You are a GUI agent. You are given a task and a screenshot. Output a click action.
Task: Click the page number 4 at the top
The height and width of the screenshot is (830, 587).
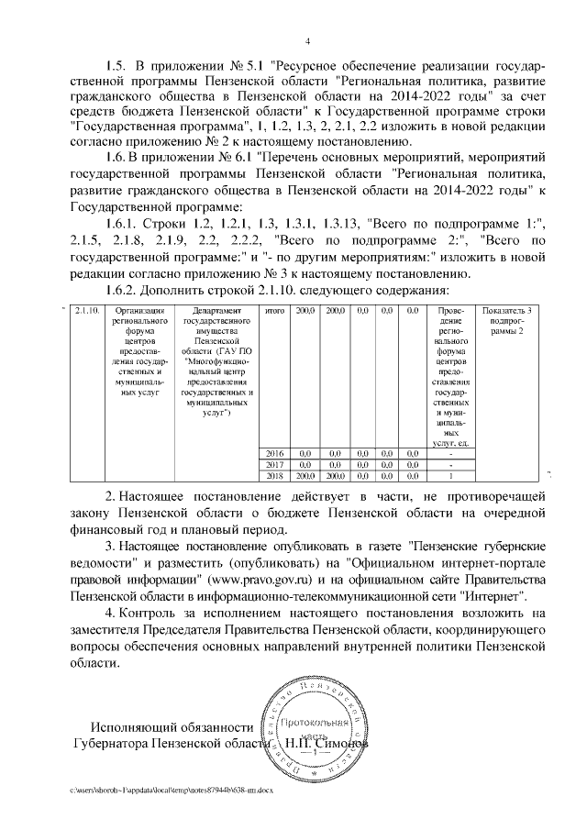(308, 40)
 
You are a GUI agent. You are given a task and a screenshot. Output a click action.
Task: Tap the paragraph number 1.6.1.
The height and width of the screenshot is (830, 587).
(126, 225)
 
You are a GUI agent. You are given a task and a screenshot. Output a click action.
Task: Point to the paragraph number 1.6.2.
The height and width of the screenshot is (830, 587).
(126, 291)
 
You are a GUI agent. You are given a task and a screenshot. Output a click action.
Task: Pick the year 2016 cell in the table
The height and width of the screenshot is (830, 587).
(273, 453)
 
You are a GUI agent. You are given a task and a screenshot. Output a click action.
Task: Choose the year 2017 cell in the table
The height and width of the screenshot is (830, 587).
(273, 465)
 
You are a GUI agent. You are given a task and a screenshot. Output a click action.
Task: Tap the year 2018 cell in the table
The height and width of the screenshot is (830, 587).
(273, 476)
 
